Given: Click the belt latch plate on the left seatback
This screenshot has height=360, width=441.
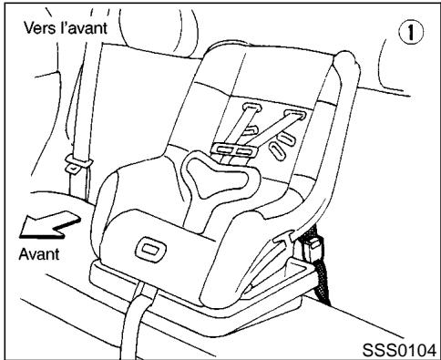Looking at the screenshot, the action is point(78,165).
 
